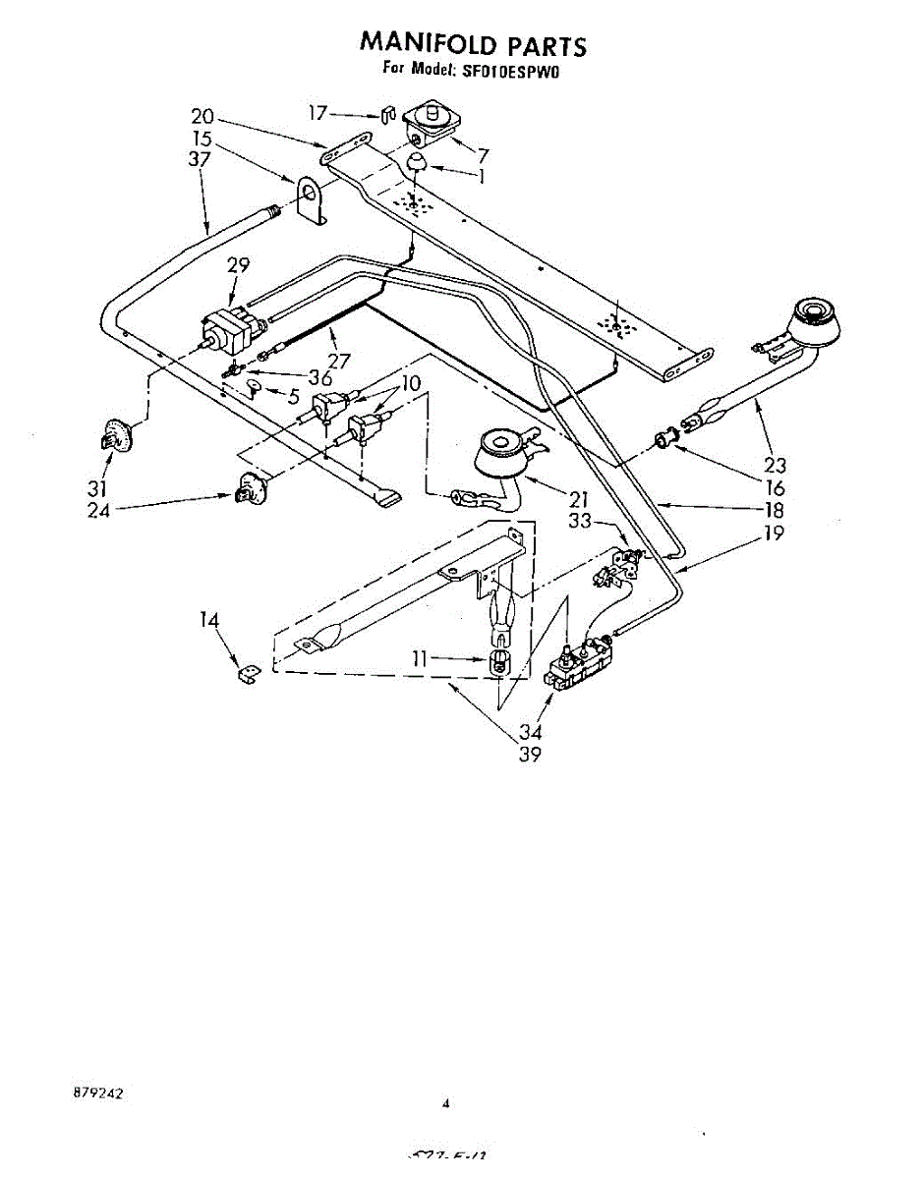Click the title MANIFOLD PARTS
(x=473, y=44)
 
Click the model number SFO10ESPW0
(x=510, y=71)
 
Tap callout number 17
(x=317, y=113)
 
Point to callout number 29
(x=238, y=265)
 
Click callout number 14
(x=208, y=620)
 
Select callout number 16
(x=776, y=488)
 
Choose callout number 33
(x=581, y=522)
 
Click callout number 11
(x=420, y=659)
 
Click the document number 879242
(x=97, y=1093)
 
